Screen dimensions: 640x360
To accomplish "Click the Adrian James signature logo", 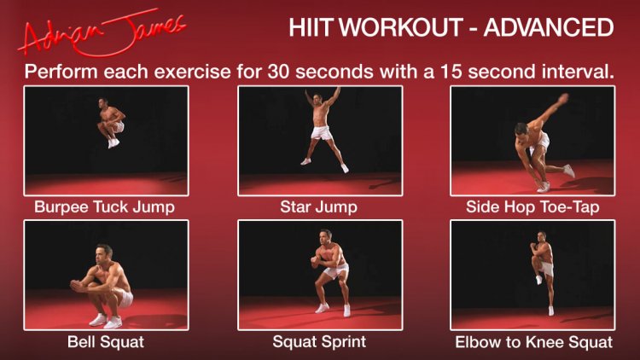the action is click(102, 33).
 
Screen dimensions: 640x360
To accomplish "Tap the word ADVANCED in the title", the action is click(549, 27).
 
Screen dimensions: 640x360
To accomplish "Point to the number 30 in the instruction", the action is click(278, 72).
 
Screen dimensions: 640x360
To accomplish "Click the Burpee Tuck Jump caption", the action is click(104, 207).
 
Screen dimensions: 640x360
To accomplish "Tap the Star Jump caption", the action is click(319, 207).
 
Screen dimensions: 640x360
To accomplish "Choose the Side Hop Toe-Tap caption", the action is click(532, 207).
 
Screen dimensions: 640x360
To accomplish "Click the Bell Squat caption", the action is click(106, 341).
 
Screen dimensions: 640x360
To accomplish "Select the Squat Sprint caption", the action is click(319, 341).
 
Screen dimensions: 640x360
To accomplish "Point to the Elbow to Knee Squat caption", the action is click(534, 342).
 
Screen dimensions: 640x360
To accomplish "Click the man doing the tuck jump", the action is click(110, 123).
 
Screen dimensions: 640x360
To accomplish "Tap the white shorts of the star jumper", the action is click(322, 132).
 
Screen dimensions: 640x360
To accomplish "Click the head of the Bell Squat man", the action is click(103, 253).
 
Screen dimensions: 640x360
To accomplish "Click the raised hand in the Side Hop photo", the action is click(563, 98).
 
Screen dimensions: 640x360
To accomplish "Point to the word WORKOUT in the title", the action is click(402, 27).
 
